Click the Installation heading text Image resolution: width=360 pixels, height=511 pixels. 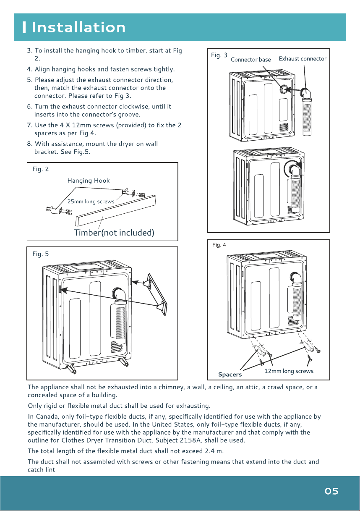(78, 27)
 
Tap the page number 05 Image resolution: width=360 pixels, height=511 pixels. (331, 491)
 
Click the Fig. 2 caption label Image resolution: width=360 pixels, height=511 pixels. (41, 169)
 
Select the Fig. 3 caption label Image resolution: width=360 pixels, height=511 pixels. (219, 55)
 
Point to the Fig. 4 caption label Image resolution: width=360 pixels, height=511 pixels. (219, 245)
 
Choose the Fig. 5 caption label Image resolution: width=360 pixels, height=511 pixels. (41, 254)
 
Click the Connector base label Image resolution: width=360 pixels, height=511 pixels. (251, 60)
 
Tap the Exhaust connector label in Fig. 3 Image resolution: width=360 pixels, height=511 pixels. (303, 59)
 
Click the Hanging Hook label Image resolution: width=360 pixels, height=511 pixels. (89, 181)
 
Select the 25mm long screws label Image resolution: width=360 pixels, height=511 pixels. (91, 202)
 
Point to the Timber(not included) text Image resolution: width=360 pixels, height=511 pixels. (114, 233)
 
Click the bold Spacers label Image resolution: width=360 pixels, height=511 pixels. (230, 375)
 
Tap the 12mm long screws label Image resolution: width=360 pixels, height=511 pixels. (289, 371)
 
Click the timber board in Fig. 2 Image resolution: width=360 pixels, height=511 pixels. (116, 210)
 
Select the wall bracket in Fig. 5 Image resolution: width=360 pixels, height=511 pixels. (157, 294)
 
